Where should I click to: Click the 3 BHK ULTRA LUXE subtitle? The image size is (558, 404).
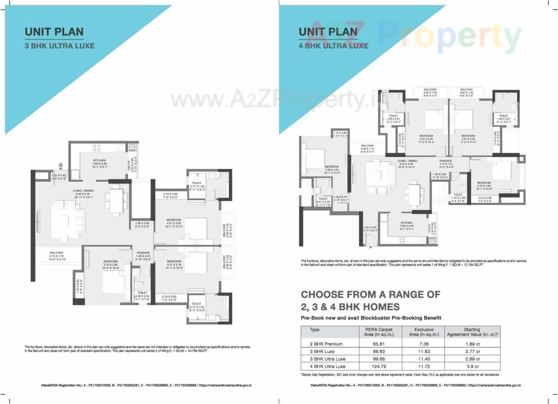click(59, 45)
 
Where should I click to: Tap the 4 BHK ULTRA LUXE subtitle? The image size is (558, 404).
click(333, 45)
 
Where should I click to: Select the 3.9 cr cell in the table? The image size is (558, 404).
click(472, 366)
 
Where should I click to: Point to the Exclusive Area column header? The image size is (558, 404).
click(423, 332)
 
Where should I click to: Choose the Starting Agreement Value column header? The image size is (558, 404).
click(472, 332)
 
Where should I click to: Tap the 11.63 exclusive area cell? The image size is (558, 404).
click(423, 351)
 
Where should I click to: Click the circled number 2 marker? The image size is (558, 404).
click(61, 165)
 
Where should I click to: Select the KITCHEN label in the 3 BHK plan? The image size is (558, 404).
click(99, 160)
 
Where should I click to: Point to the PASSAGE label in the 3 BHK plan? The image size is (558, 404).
click(143, 253)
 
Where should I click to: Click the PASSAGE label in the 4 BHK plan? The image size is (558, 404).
click(446, 161)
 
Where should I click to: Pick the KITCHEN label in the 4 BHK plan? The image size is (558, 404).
click(406, 223)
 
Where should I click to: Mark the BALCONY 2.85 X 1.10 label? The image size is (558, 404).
click(367, 146)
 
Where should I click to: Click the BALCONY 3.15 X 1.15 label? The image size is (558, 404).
click(57, 253)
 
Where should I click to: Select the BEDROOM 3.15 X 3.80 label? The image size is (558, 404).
click(111, 261)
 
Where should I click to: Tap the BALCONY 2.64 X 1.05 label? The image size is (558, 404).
click(430, 89)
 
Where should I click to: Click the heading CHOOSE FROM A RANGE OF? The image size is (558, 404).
click(371, 294)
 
